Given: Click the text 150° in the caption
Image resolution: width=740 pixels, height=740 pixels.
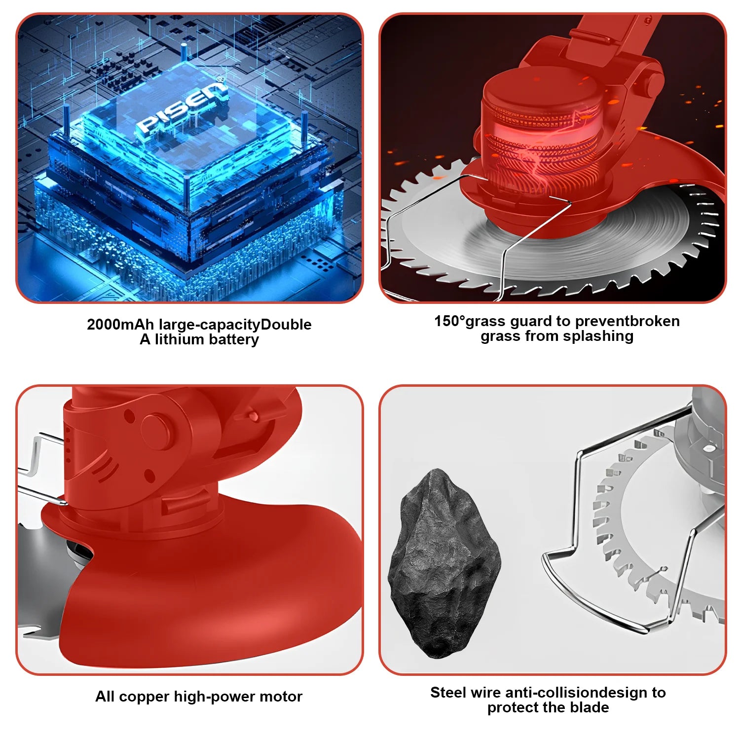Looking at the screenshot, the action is pyautogui.click(x=449, y=321).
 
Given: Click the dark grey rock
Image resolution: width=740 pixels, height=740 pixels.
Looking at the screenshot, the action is pyautogui.click(x=444, y=562).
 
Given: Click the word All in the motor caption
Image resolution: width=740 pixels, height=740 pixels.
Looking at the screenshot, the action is pyautogui.click(x=105, y=697).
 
